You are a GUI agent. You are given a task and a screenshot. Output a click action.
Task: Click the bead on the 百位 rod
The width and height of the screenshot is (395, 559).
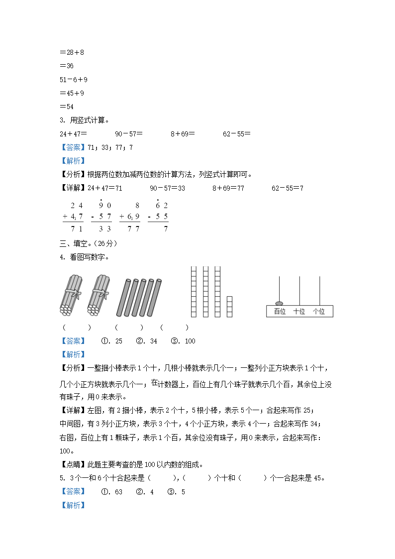[279, 303]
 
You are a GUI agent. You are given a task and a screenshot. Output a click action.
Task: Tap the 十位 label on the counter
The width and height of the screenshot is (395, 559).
[299, 312]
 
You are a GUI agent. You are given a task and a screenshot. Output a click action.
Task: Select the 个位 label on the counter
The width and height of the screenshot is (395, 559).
[318, 312]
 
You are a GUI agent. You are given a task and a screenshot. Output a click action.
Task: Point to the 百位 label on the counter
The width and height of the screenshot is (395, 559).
[280, 312]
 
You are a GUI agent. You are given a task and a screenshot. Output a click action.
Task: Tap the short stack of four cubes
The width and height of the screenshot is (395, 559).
[229, 307]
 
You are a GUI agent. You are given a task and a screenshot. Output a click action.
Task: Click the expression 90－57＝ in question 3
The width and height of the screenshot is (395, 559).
[129, 134]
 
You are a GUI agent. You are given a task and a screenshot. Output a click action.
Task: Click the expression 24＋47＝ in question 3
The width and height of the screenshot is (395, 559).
[73, 134]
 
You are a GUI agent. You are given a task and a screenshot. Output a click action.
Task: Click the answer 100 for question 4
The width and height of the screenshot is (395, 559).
[190, 341]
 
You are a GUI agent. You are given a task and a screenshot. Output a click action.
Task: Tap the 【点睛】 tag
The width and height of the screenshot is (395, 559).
[73, 465]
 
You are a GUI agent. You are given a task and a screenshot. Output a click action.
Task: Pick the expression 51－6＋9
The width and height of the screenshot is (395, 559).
[73, 80]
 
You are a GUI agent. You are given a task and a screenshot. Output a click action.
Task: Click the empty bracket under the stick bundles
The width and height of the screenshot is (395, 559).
[77, 328]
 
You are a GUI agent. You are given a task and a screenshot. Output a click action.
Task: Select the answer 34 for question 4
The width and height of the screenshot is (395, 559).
[153, 341]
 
